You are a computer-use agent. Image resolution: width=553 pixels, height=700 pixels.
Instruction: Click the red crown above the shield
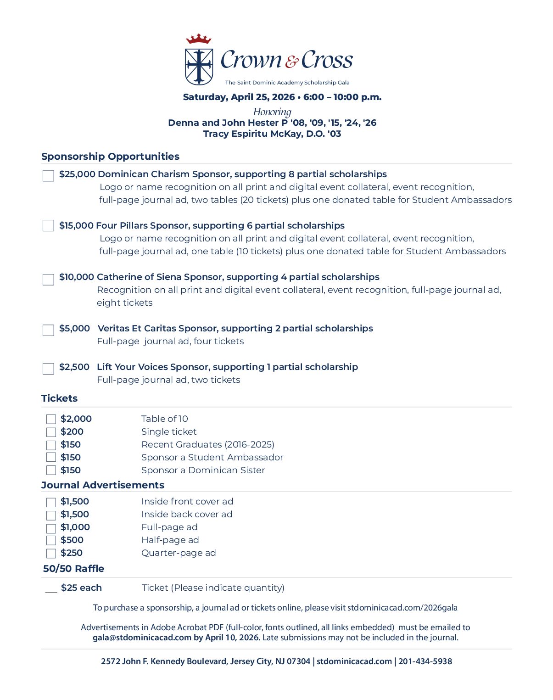coord(198,39)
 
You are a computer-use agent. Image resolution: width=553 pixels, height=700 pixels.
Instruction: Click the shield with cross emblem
coord(199,67)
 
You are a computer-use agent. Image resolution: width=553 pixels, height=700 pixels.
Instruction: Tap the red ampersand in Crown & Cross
coord(292,62)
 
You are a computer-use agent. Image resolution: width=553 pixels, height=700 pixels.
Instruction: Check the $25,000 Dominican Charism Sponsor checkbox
coord(48,176)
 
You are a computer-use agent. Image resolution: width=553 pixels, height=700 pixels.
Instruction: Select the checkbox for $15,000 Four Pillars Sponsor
coord(48,226)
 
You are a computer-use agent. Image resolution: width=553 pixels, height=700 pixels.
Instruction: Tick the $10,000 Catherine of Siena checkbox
coord(48,280)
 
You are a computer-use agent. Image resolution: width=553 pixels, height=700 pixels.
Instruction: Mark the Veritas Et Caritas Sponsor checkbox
coord(48,330)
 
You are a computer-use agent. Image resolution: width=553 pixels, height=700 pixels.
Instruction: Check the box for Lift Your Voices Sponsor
coord(48,369)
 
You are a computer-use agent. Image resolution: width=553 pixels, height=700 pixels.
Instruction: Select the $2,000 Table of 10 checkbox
coord(51,419)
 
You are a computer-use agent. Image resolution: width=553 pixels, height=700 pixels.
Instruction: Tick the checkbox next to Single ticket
coord(51,432)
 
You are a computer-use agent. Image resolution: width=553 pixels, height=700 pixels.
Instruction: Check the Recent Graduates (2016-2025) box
coord(51,445)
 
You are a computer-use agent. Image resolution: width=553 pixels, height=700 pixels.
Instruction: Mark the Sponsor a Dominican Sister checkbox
coord(51,470)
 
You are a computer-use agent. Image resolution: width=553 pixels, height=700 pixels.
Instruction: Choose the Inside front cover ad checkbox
coord(51,502)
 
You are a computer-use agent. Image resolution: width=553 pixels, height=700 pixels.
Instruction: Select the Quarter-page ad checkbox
coord(51,554)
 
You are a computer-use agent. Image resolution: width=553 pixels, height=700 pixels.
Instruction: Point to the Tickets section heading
coord(60,398)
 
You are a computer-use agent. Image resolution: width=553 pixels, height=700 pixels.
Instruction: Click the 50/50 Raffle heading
coord(74,569)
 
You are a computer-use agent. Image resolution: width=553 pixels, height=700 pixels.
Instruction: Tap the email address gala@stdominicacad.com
coord(142,638)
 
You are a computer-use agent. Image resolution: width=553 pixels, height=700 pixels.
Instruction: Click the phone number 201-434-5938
coord(425,661)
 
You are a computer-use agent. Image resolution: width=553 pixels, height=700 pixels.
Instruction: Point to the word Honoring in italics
coord(272,112)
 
